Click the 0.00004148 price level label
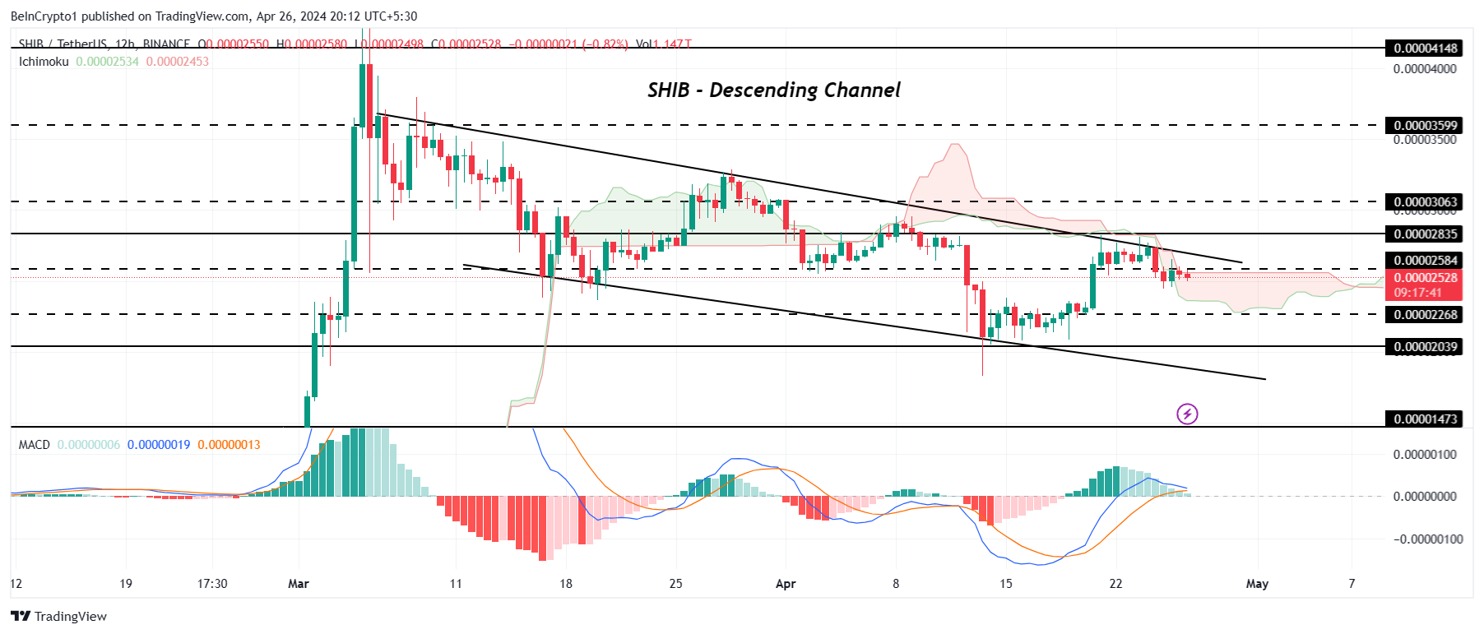(1425, 49)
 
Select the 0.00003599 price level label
(1425, 126)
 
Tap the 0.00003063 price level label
(1425, 202)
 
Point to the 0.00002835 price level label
(1425, 234)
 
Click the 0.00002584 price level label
(1425, 261)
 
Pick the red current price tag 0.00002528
(1425, 278)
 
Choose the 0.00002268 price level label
(1425, 315)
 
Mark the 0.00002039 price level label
(1425, 347)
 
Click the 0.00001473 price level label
(1425, 419)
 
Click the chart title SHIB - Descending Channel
(773, 90)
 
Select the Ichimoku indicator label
(44, 62)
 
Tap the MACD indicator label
(35, 445)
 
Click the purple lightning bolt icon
(1187, 414)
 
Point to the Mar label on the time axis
(299, 584)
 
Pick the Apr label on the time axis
(786, 584)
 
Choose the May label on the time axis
(1257, 584)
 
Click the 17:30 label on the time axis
(212, 584)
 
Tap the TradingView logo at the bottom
(59, 617)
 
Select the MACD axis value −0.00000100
(1429, 539)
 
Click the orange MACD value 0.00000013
(229, 445)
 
